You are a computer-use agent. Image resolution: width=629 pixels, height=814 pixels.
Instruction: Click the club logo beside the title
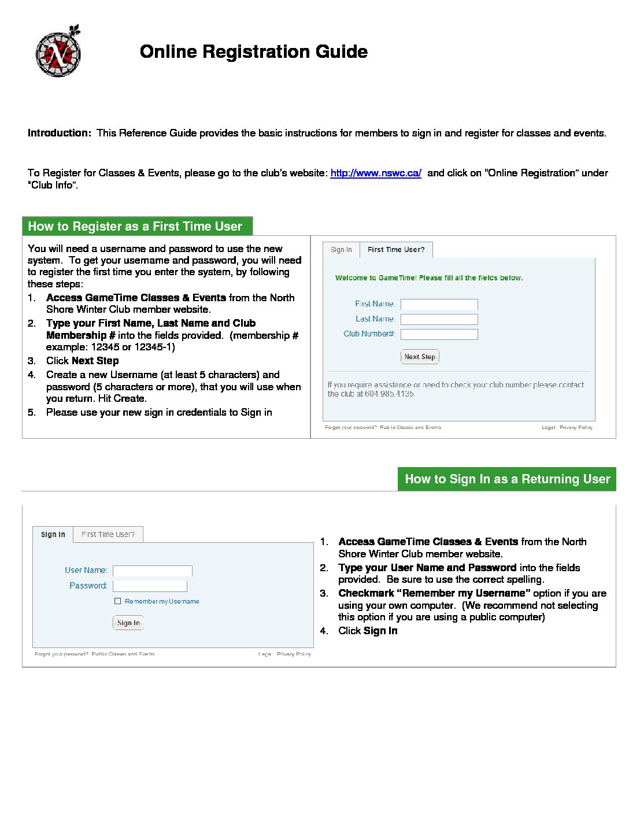click(x=58, y=53)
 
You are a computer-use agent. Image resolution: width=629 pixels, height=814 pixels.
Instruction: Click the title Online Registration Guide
click(x=253, y=51)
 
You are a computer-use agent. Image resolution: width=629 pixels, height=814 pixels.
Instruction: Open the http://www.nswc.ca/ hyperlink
click(x=376, y=173)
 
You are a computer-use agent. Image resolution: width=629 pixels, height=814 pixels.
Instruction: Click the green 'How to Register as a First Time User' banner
click(x=137, y=227)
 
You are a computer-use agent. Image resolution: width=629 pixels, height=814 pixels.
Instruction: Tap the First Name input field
click(x=439, y=304)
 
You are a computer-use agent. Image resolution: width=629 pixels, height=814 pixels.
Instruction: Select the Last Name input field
click(x=439, y=319)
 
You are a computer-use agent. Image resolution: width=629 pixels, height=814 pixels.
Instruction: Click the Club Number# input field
click(x=439, y=334)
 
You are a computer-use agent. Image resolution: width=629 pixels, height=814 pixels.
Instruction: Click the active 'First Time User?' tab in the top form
click(x=396, y=250)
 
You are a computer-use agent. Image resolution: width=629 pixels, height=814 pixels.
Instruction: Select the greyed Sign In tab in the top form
click(x=341, y=250)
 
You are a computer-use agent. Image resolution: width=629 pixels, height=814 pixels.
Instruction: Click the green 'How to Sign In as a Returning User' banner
click(x=506, y=479)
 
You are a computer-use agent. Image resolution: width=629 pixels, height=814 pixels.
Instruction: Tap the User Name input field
click(x=152, y=571)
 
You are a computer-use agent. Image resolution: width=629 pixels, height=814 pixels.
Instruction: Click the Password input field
click(x=150, y=586)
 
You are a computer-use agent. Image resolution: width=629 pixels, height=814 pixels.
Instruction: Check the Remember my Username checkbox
click(x=118, y=601)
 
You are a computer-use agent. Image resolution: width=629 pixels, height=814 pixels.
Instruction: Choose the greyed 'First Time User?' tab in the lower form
click(x=108, y=535)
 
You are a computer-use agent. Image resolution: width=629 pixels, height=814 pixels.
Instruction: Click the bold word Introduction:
click(x=59, y=133)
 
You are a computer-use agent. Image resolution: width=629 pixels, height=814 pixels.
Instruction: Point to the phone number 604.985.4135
click(x=389, y=394)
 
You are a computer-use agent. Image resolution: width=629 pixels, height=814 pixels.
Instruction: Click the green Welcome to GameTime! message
click(x=429, y=278)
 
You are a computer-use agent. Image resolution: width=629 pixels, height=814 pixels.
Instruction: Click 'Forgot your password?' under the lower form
click(x=61, y=654)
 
